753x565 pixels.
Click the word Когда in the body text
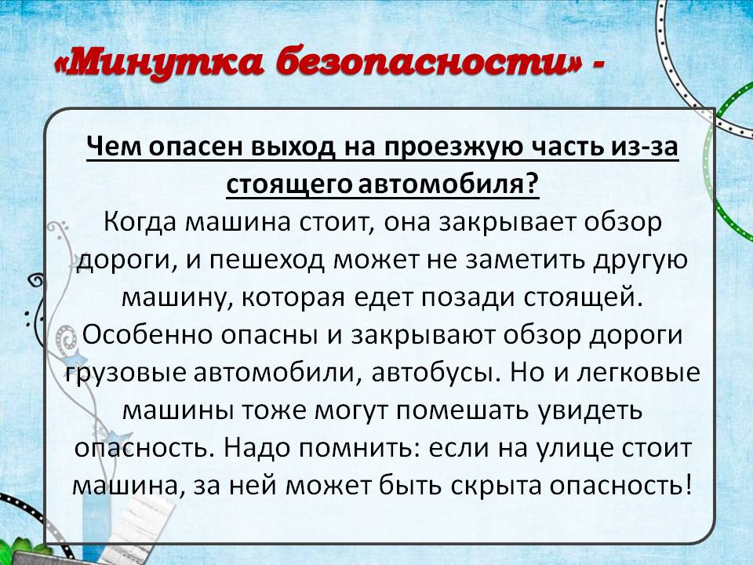click(139, 222)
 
